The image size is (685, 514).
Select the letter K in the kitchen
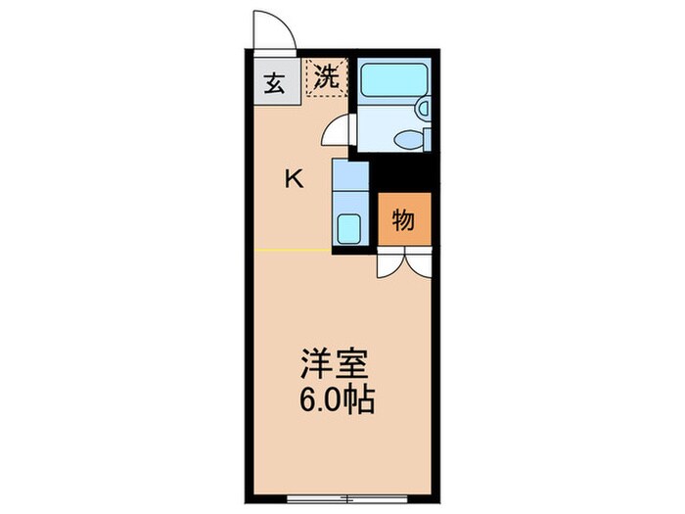pos(293,178)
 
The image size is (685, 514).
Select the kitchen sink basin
pos(350,229)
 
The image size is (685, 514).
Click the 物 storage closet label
pos(404,220)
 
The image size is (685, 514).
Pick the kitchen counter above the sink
pos(350,182)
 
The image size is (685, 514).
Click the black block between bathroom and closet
pos(402,172)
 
